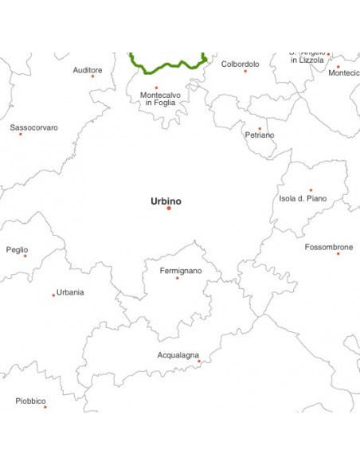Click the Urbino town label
(x=166, y=201)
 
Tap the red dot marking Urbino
(x=169, y=209)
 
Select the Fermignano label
(x=181, y=271)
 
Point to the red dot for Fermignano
(x=178, y=278)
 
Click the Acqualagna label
(x=178, y=354)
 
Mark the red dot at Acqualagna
(x=199, y=361)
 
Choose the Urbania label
(x=70, y=292)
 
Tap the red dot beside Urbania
(x=53, y=295)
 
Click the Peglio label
(x=17, y=249)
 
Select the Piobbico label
(x=30, y=401)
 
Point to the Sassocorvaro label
(x=33, y=127)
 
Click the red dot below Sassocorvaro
(x=21, y=134)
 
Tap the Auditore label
(x=88, y=70)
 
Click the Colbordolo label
(x=240, y=64)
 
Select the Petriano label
(x=259, y=135)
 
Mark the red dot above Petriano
(x=260, y=128)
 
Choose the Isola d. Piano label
(x=303, y=198)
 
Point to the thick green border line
(x=167, y=66)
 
